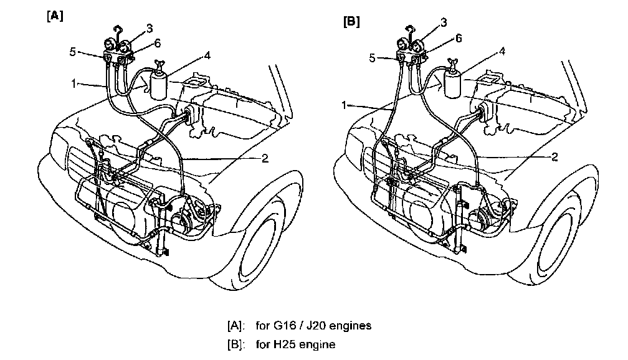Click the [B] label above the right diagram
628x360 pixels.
tap(351, 22)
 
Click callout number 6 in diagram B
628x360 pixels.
tap(459, 39)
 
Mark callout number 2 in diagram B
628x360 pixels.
tap(554, 157)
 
